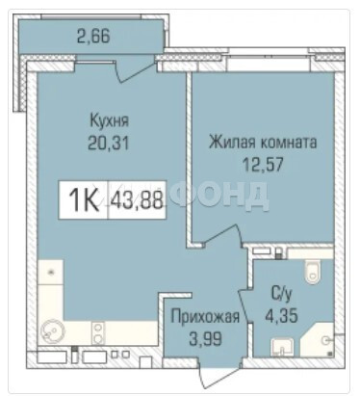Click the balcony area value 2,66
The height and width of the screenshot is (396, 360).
point(93,36)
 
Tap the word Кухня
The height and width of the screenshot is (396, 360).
point(110,121)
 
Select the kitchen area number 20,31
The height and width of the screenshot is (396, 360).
point(109,143)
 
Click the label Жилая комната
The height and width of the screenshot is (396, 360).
point(263,143)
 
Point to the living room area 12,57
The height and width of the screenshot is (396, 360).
point(263,165)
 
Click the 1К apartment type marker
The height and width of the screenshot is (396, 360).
point(84,200)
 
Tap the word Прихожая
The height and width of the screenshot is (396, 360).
point(205,317)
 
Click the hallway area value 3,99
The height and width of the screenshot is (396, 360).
point(205,338)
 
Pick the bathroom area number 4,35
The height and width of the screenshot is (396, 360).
point(281,315)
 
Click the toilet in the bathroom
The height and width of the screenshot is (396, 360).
point(313,272)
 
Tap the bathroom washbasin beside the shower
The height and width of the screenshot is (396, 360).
point(282,347)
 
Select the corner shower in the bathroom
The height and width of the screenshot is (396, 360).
point(319,340)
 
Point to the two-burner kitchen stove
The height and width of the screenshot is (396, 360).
point(98,333)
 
